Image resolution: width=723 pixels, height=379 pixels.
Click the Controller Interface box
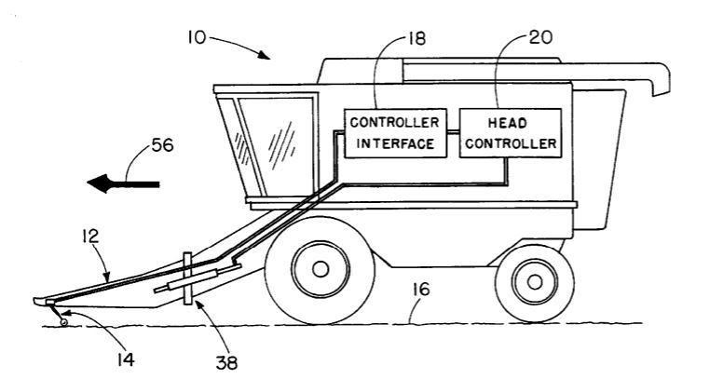point(392,132)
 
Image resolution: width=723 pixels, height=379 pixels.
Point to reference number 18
point(424,39)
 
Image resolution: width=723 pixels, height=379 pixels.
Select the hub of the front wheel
point(321,270)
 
